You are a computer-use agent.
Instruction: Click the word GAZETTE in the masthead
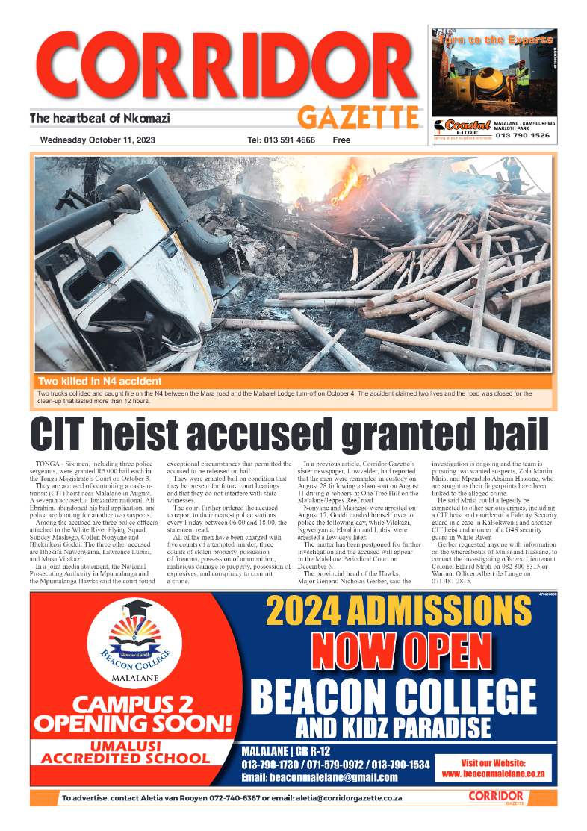click(x=358, y=117)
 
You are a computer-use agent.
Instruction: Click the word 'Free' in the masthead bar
click(x=341, y=140)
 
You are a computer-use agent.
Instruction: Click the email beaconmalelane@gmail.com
click(x=320, y=777)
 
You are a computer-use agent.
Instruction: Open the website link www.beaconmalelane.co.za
click(x=493, y=774)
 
